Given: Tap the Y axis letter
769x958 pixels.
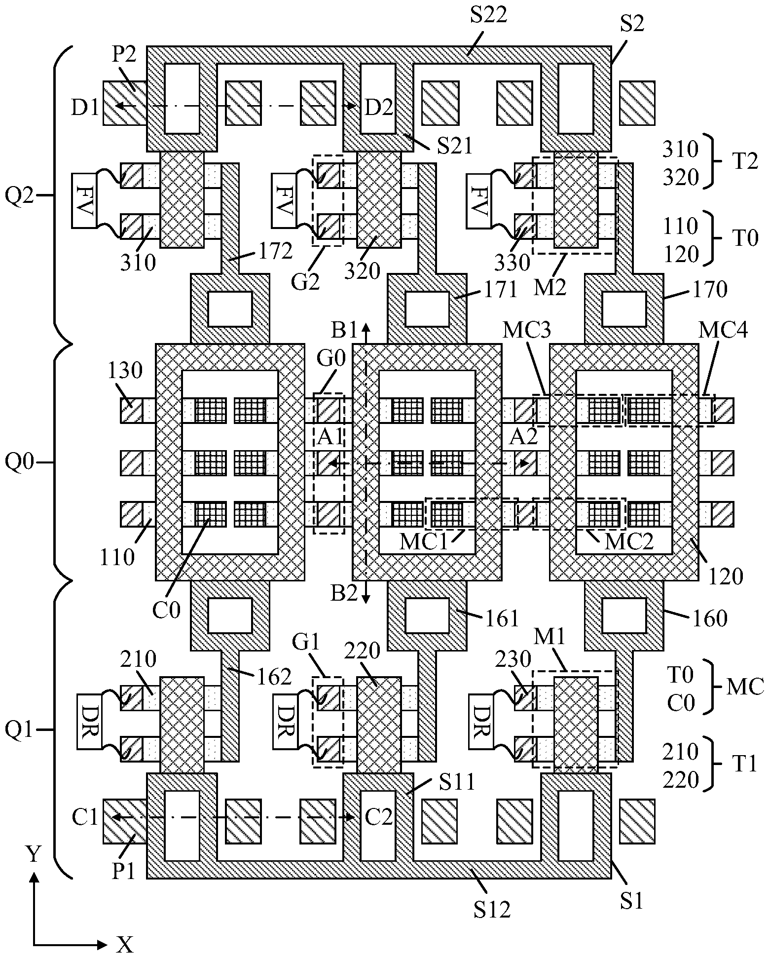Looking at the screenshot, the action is pyautogui.click(x=34, y=853).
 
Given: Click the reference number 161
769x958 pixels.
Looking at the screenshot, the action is pyautogui.click(x=501, y=618).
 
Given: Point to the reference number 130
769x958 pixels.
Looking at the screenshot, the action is pyautogui.click(x=124, y=371).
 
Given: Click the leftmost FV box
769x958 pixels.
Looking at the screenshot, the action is pyautogui.click(x=84, y=200).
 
